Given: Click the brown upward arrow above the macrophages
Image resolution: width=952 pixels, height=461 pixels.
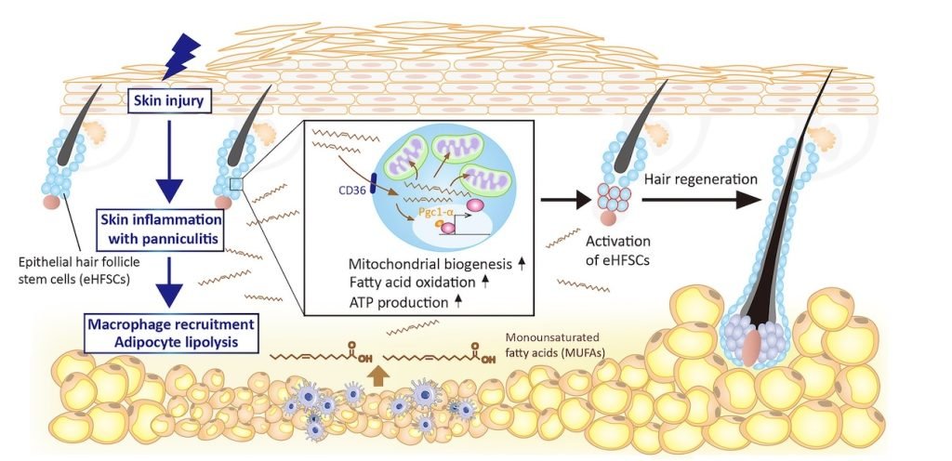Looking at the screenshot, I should coord(376,375).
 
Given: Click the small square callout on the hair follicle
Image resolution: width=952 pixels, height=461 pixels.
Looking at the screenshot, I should coord(236,185).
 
